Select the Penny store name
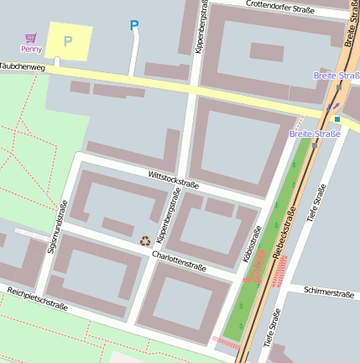pos(31,50)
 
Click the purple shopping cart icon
pos(31,38)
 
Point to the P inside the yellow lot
pos(68,40)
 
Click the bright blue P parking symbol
pos(133,26)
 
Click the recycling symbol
pos(145,240)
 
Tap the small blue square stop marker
pos(337,119)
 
